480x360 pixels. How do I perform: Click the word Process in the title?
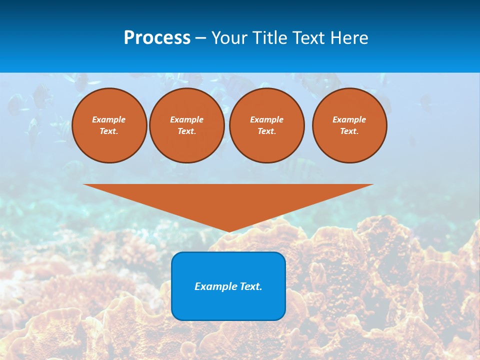point(157,38)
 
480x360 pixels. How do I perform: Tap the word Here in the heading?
point(349,38)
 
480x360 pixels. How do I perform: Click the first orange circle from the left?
point(109,125)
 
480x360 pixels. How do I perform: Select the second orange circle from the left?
point(187,125)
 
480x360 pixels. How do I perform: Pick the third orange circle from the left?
point(267,125)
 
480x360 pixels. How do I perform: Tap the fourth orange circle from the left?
point(349,125)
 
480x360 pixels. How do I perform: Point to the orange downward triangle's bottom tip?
point(228,231)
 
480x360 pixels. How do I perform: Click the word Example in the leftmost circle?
point(109,119)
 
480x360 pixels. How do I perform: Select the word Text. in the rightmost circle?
point(349,131)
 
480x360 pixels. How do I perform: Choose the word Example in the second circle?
point(187,119)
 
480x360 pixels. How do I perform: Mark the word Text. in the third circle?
point(266,131)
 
